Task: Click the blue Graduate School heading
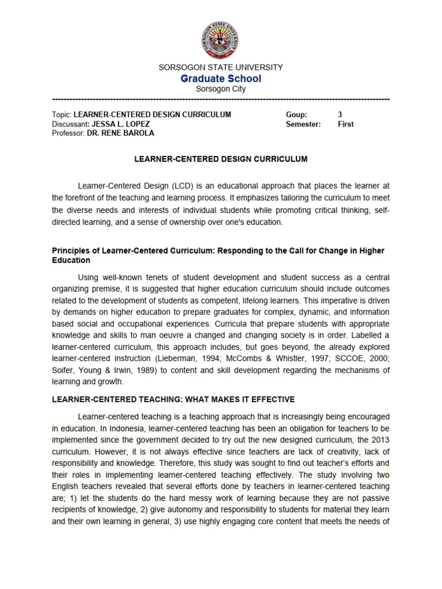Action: (221, 78)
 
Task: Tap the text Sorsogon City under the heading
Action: (221, 89)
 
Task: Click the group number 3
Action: (340, 114)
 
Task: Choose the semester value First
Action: (345, 124)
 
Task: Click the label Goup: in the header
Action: (296, 114)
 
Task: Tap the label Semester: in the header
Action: (303, 124)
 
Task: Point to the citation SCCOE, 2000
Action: (353, 359)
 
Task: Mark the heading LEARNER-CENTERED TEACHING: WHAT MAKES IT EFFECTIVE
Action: (173, 399)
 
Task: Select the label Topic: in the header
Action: (62, 114)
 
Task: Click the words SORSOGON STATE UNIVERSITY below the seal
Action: (221, 67)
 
